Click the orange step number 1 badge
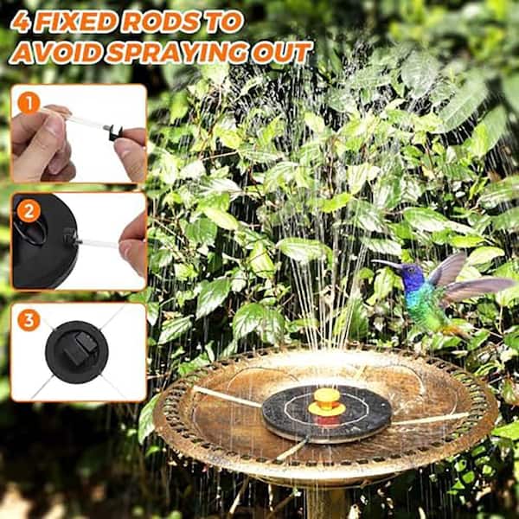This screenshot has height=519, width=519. pyautogui.click(x=29, y=103)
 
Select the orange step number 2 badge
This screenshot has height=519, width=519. pyautogui.click(x=29, y=211)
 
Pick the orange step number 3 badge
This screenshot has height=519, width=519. pyautogui.click(x=29, y=320)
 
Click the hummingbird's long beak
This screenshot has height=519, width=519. pyautogui.click(x=387, y=263)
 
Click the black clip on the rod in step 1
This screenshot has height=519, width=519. pyautogui.click(x=115, y=132)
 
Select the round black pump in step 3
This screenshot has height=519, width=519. pyautogui.click(x=77, y=352)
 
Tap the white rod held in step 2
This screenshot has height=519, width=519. pyautogui.click(x=99, y=244)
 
